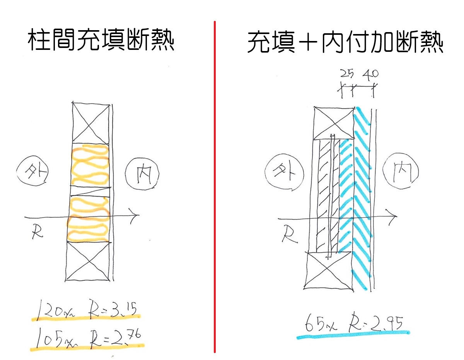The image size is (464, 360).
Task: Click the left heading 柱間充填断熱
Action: [101, 40]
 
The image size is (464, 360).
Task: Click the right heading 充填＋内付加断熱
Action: [345, 42]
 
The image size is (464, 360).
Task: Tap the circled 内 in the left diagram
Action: [142, 174]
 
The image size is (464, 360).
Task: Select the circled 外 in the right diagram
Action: [284, 171]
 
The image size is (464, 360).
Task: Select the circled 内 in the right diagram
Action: [401, 171]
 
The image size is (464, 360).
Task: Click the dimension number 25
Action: [347, 74]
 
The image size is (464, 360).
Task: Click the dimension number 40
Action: [371, 75]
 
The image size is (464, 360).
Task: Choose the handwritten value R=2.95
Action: [376, 323]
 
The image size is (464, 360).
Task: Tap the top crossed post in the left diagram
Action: [91, 123]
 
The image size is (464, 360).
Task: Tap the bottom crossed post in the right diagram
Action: [328, 270]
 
